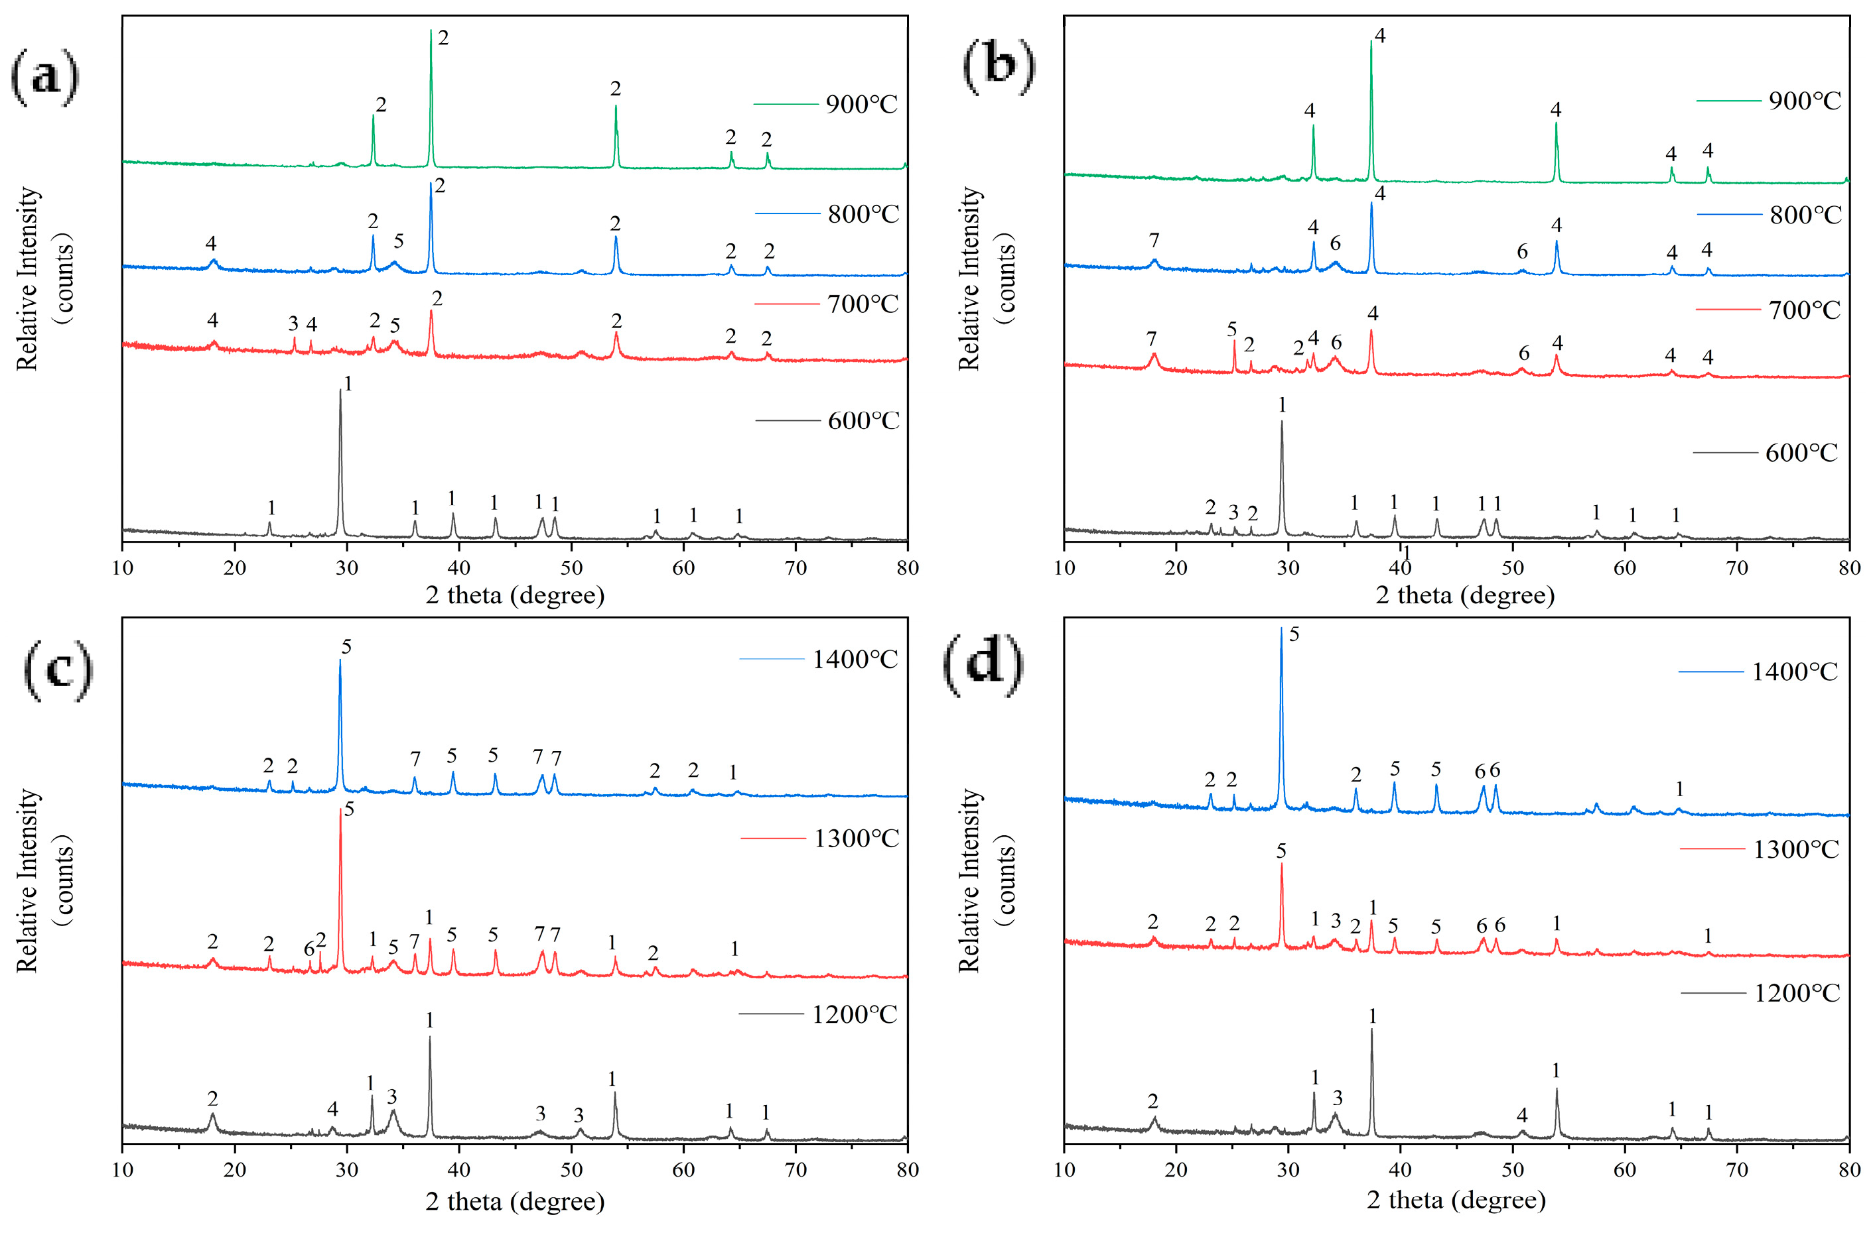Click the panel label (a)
[45, 76]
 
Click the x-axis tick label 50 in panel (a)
[571, 567]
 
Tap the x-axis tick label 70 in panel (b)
[1737, 567]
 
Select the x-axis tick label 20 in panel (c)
[235, 1170]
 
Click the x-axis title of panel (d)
[1456, 1200]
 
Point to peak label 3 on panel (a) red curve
[293, 323]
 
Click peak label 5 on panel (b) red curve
[1232, 329]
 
